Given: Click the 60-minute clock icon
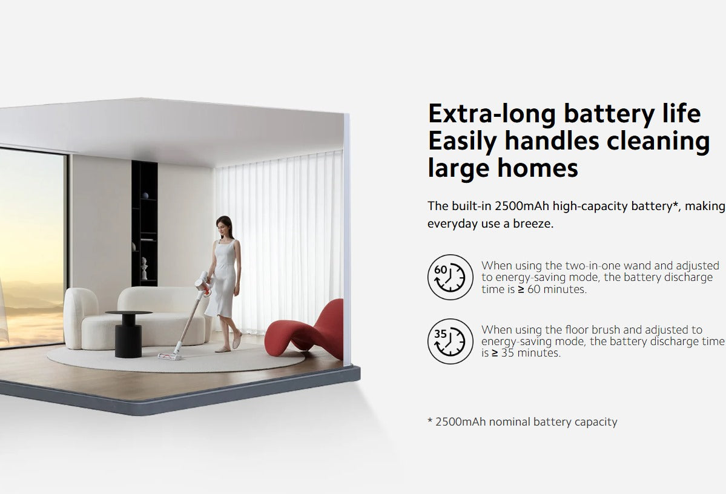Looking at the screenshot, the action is tap(450, 277).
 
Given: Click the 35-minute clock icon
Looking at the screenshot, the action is tap(450, 341).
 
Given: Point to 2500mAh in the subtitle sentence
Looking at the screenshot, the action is tap(521, 206).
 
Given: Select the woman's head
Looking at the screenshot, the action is tap(224, 226).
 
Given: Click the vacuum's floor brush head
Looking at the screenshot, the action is tap(170, 355).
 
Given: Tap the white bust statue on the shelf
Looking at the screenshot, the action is tap(144, 269).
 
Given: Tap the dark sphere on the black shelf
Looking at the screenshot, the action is tap(145, 196).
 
